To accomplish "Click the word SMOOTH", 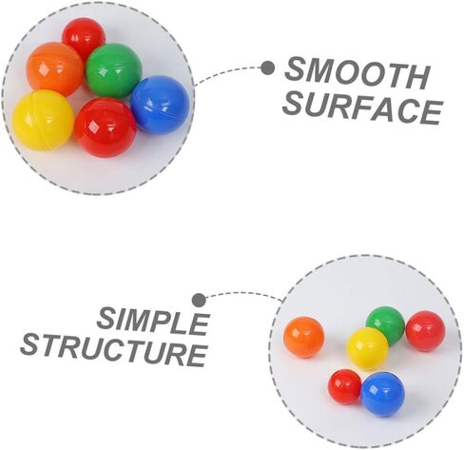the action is (x=358, y=73).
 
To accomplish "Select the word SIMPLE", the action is (x=153, y=322).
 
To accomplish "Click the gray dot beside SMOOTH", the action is (x=268, y=68).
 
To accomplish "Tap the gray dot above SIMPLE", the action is (x=199, y=300).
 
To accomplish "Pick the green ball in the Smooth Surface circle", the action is (x=114, y=70).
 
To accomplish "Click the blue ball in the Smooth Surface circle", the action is (x=160, y=105).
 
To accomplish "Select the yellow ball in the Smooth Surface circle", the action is (x=44, y=121).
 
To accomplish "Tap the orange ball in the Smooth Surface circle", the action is (x=54, y=68).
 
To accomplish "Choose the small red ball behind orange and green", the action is (x=84, y=35).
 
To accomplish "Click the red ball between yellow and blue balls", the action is (x=106, y=127).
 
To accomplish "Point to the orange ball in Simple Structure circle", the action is (x=304, y=337).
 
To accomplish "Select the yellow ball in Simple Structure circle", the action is (x=368, y=348).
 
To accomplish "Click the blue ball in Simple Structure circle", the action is (x=383, y=394).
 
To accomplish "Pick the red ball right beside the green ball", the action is (x=425, y=331).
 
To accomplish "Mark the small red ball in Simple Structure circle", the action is (x=345, y=387).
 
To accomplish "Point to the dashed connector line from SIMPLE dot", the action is (x=243, y=294).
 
